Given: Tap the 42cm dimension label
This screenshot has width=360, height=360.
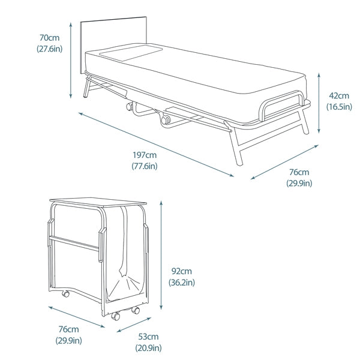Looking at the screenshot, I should (x=338, y=95).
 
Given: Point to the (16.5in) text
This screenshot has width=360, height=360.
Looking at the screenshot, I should (x=338, y=107).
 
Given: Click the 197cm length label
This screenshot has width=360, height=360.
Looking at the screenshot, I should (x=145, y=155).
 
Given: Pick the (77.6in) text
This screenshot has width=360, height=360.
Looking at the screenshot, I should (x=145, y=166).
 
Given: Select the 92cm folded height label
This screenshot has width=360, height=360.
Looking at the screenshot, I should (x=182, y=271).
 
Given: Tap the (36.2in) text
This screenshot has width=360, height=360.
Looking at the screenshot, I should (x=182, y=282).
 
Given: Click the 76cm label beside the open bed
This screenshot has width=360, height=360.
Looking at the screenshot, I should (x=299, y=173).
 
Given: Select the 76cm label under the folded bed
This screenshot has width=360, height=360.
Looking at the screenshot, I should (x=68, y=329).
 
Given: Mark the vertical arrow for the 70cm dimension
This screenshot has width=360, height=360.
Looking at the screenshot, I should (x=71, y=59).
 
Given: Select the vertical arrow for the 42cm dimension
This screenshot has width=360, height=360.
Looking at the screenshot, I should (x=319, y=102).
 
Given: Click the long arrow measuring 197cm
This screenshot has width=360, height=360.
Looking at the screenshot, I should (x=155, y=143).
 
